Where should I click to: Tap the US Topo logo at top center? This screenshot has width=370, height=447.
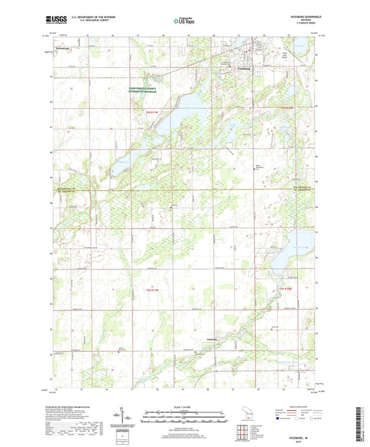point(183,21)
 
